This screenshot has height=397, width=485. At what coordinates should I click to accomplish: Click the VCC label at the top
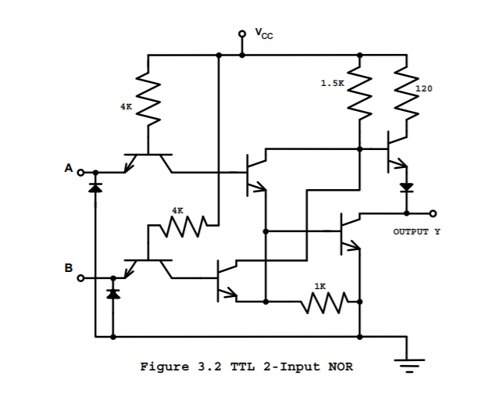click(263, 34)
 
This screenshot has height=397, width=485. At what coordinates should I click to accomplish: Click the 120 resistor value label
click(423, 88)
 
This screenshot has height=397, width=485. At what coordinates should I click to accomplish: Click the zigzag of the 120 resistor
click(405, 92)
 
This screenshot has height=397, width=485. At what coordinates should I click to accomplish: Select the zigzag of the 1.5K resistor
click(359, 92)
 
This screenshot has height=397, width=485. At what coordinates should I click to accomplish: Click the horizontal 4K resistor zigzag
click(182, 227)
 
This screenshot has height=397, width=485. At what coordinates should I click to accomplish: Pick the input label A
click(68, 168)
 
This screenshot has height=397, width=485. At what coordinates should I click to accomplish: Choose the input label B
click(68, 268)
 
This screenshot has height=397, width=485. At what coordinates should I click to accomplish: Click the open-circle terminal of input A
click(80, 172)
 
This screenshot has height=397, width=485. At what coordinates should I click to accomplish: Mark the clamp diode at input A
click(95, 188)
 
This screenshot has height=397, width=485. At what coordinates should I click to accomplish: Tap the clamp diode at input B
click(113, 293)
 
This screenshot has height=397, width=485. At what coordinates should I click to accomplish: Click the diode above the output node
click(405, 188)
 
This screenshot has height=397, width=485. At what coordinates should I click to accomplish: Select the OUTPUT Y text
click(416, 232)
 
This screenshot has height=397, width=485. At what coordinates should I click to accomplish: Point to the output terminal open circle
click(433, 213)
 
